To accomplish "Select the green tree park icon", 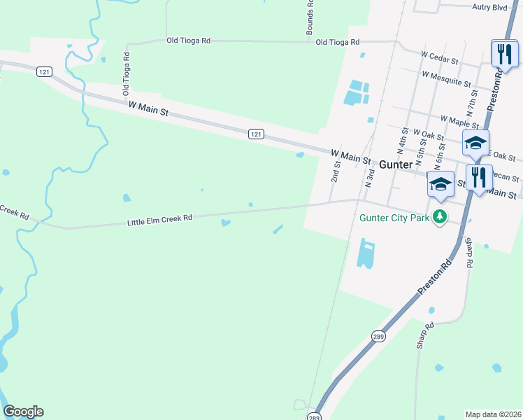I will [x=440, y=216].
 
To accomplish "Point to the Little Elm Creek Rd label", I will [x=159, y=220].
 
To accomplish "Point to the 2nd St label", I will [x=336, y=171].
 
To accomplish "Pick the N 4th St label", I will [x=403, y=141].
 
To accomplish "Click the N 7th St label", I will [x=473, y=102].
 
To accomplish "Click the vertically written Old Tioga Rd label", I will [x=127, y=73].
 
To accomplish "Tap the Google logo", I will [x=23, y=412].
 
